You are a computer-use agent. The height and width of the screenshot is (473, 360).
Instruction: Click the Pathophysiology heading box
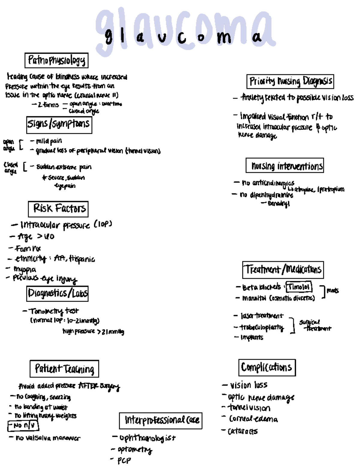(x=56, y=60)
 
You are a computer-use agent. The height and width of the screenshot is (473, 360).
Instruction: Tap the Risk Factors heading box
(x=58, y=209)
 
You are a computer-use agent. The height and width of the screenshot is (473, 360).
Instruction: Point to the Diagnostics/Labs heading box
(x=58, y=294)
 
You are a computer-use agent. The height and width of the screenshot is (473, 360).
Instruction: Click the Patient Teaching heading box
(x=64, y=369)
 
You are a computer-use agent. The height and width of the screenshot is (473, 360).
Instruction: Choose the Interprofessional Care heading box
(x=160, y=420)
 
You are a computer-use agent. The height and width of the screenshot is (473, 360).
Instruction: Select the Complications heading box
(x=267, y=367)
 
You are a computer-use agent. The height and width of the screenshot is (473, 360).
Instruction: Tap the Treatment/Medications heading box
(x=283, y=270)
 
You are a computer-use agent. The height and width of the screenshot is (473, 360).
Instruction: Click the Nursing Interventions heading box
(x=285, y=165)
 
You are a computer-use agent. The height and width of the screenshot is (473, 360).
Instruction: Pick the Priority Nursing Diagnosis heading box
(x=290, y=81)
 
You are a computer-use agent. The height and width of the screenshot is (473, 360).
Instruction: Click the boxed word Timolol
(x=299, y=287)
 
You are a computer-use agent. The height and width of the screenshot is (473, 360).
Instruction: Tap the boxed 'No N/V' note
(x=23, y=426)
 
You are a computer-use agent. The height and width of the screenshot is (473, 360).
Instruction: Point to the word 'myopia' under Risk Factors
(x=25, y=269)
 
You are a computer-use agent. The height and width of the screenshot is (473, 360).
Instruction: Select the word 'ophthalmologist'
(x=147, y=438)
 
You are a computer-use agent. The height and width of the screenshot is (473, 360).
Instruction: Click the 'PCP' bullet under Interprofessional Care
(x=124, y=460)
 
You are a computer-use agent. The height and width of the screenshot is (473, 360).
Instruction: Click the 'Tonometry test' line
(x=54, y=311)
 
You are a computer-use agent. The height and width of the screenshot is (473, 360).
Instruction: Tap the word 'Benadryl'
(x=279, y=204)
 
